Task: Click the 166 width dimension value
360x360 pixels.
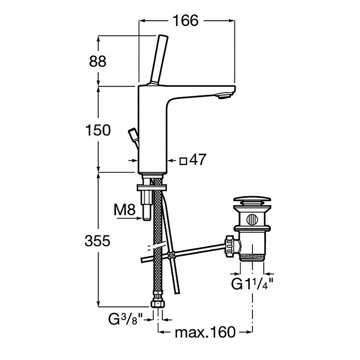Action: click(x=185, y=20)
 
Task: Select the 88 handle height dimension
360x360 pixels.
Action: click(x=98, y=62)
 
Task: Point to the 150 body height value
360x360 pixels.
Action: click(x=98, y=130)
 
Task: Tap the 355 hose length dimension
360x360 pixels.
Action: click(x=98, y=241)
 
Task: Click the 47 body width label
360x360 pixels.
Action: click(x=198, y=159)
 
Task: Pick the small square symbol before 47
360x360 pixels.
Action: click(x=183, y=161)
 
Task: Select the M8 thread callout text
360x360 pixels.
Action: click(x=125, y=210)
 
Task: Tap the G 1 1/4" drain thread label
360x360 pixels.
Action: click(x=252, y=284)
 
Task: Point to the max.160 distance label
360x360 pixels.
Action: click(x=205, y=332)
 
